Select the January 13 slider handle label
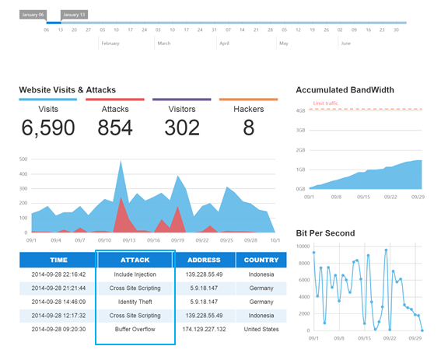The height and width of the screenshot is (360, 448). (x=75, y=14)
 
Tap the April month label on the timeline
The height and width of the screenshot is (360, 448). (x=224, y=44)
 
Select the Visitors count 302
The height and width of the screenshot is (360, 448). (x=182, y=128)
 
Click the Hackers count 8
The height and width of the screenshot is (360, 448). (x=248, y=128)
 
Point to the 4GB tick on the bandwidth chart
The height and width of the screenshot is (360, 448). (x=300, y=110)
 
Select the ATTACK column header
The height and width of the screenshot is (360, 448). (x=135, y=260)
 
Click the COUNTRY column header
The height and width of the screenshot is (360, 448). (x=261, y=260)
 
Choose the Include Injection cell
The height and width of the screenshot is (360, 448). (x=135, y=274)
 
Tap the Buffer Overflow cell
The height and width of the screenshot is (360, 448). (x=135, y=330)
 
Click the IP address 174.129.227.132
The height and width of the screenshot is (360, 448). (x=205, y=330)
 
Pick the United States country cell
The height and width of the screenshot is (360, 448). (x=261, y=330)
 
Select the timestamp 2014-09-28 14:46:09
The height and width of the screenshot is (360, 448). (x=58, y=302)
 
